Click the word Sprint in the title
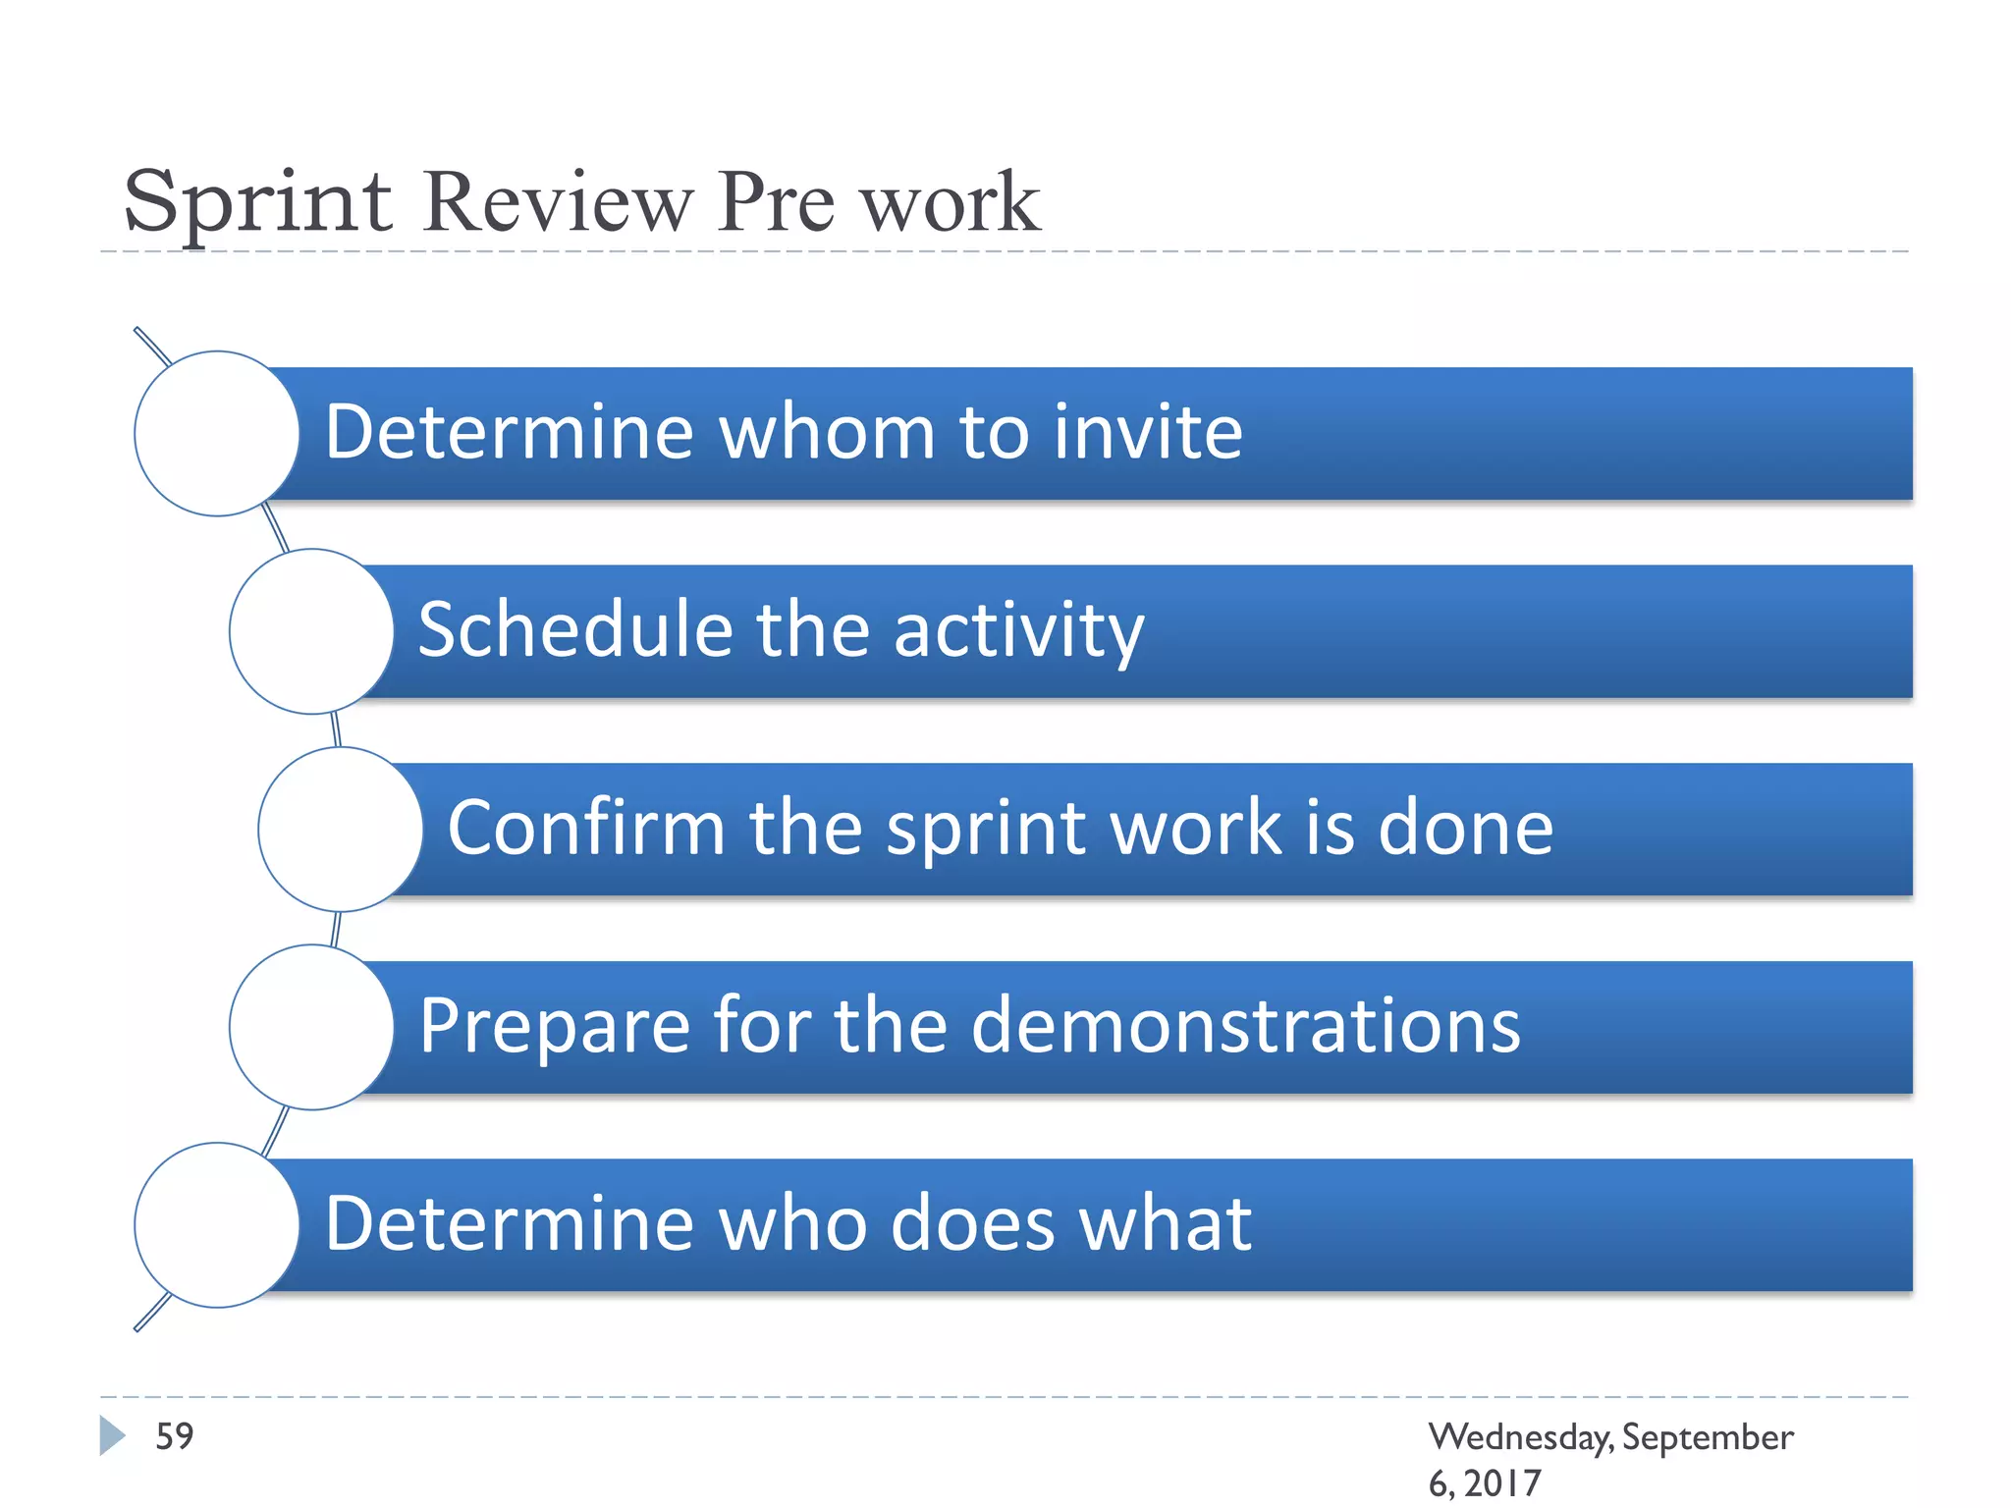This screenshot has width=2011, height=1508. coord(257,202)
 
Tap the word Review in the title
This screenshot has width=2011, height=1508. coord(557,202)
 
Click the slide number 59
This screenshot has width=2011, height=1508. coord(175,1436)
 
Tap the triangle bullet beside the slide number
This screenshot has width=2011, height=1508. coord(112,1435)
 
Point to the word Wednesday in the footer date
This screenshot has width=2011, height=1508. coord(1520,1437)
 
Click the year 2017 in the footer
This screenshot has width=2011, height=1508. coord(1502,1482)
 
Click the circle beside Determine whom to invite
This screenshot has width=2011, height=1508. coord(217,433)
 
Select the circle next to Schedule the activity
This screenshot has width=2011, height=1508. coord(312,631)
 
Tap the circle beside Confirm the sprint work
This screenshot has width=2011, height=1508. coord(341,830)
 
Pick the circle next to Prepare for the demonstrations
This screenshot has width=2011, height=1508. coord(312,1027)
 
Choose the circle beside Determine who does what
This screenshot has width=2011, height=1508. coord(217,1225)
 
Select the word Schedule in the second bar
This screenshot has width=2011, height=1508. coord(575,630)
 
